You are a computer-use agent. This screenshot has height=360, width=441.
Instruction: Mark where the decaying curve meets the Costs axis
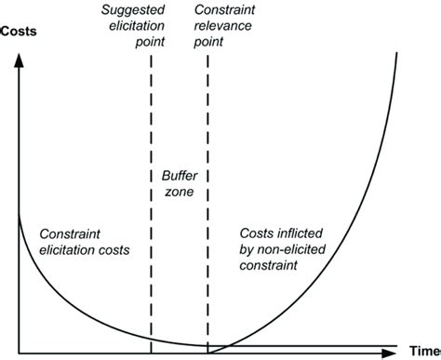click(19, 215)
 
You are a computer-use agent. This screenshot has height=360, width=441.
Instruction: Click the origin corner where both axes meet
click(19, 353)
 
